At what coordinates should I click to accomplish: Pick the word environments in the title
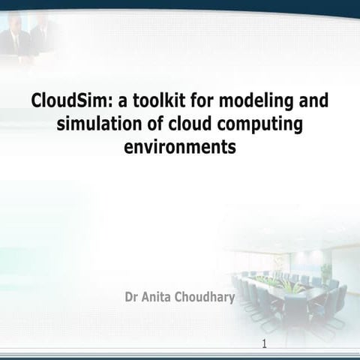[x=179, y=146]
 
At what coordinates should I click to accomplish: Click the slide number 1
[x=265, y=344]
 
